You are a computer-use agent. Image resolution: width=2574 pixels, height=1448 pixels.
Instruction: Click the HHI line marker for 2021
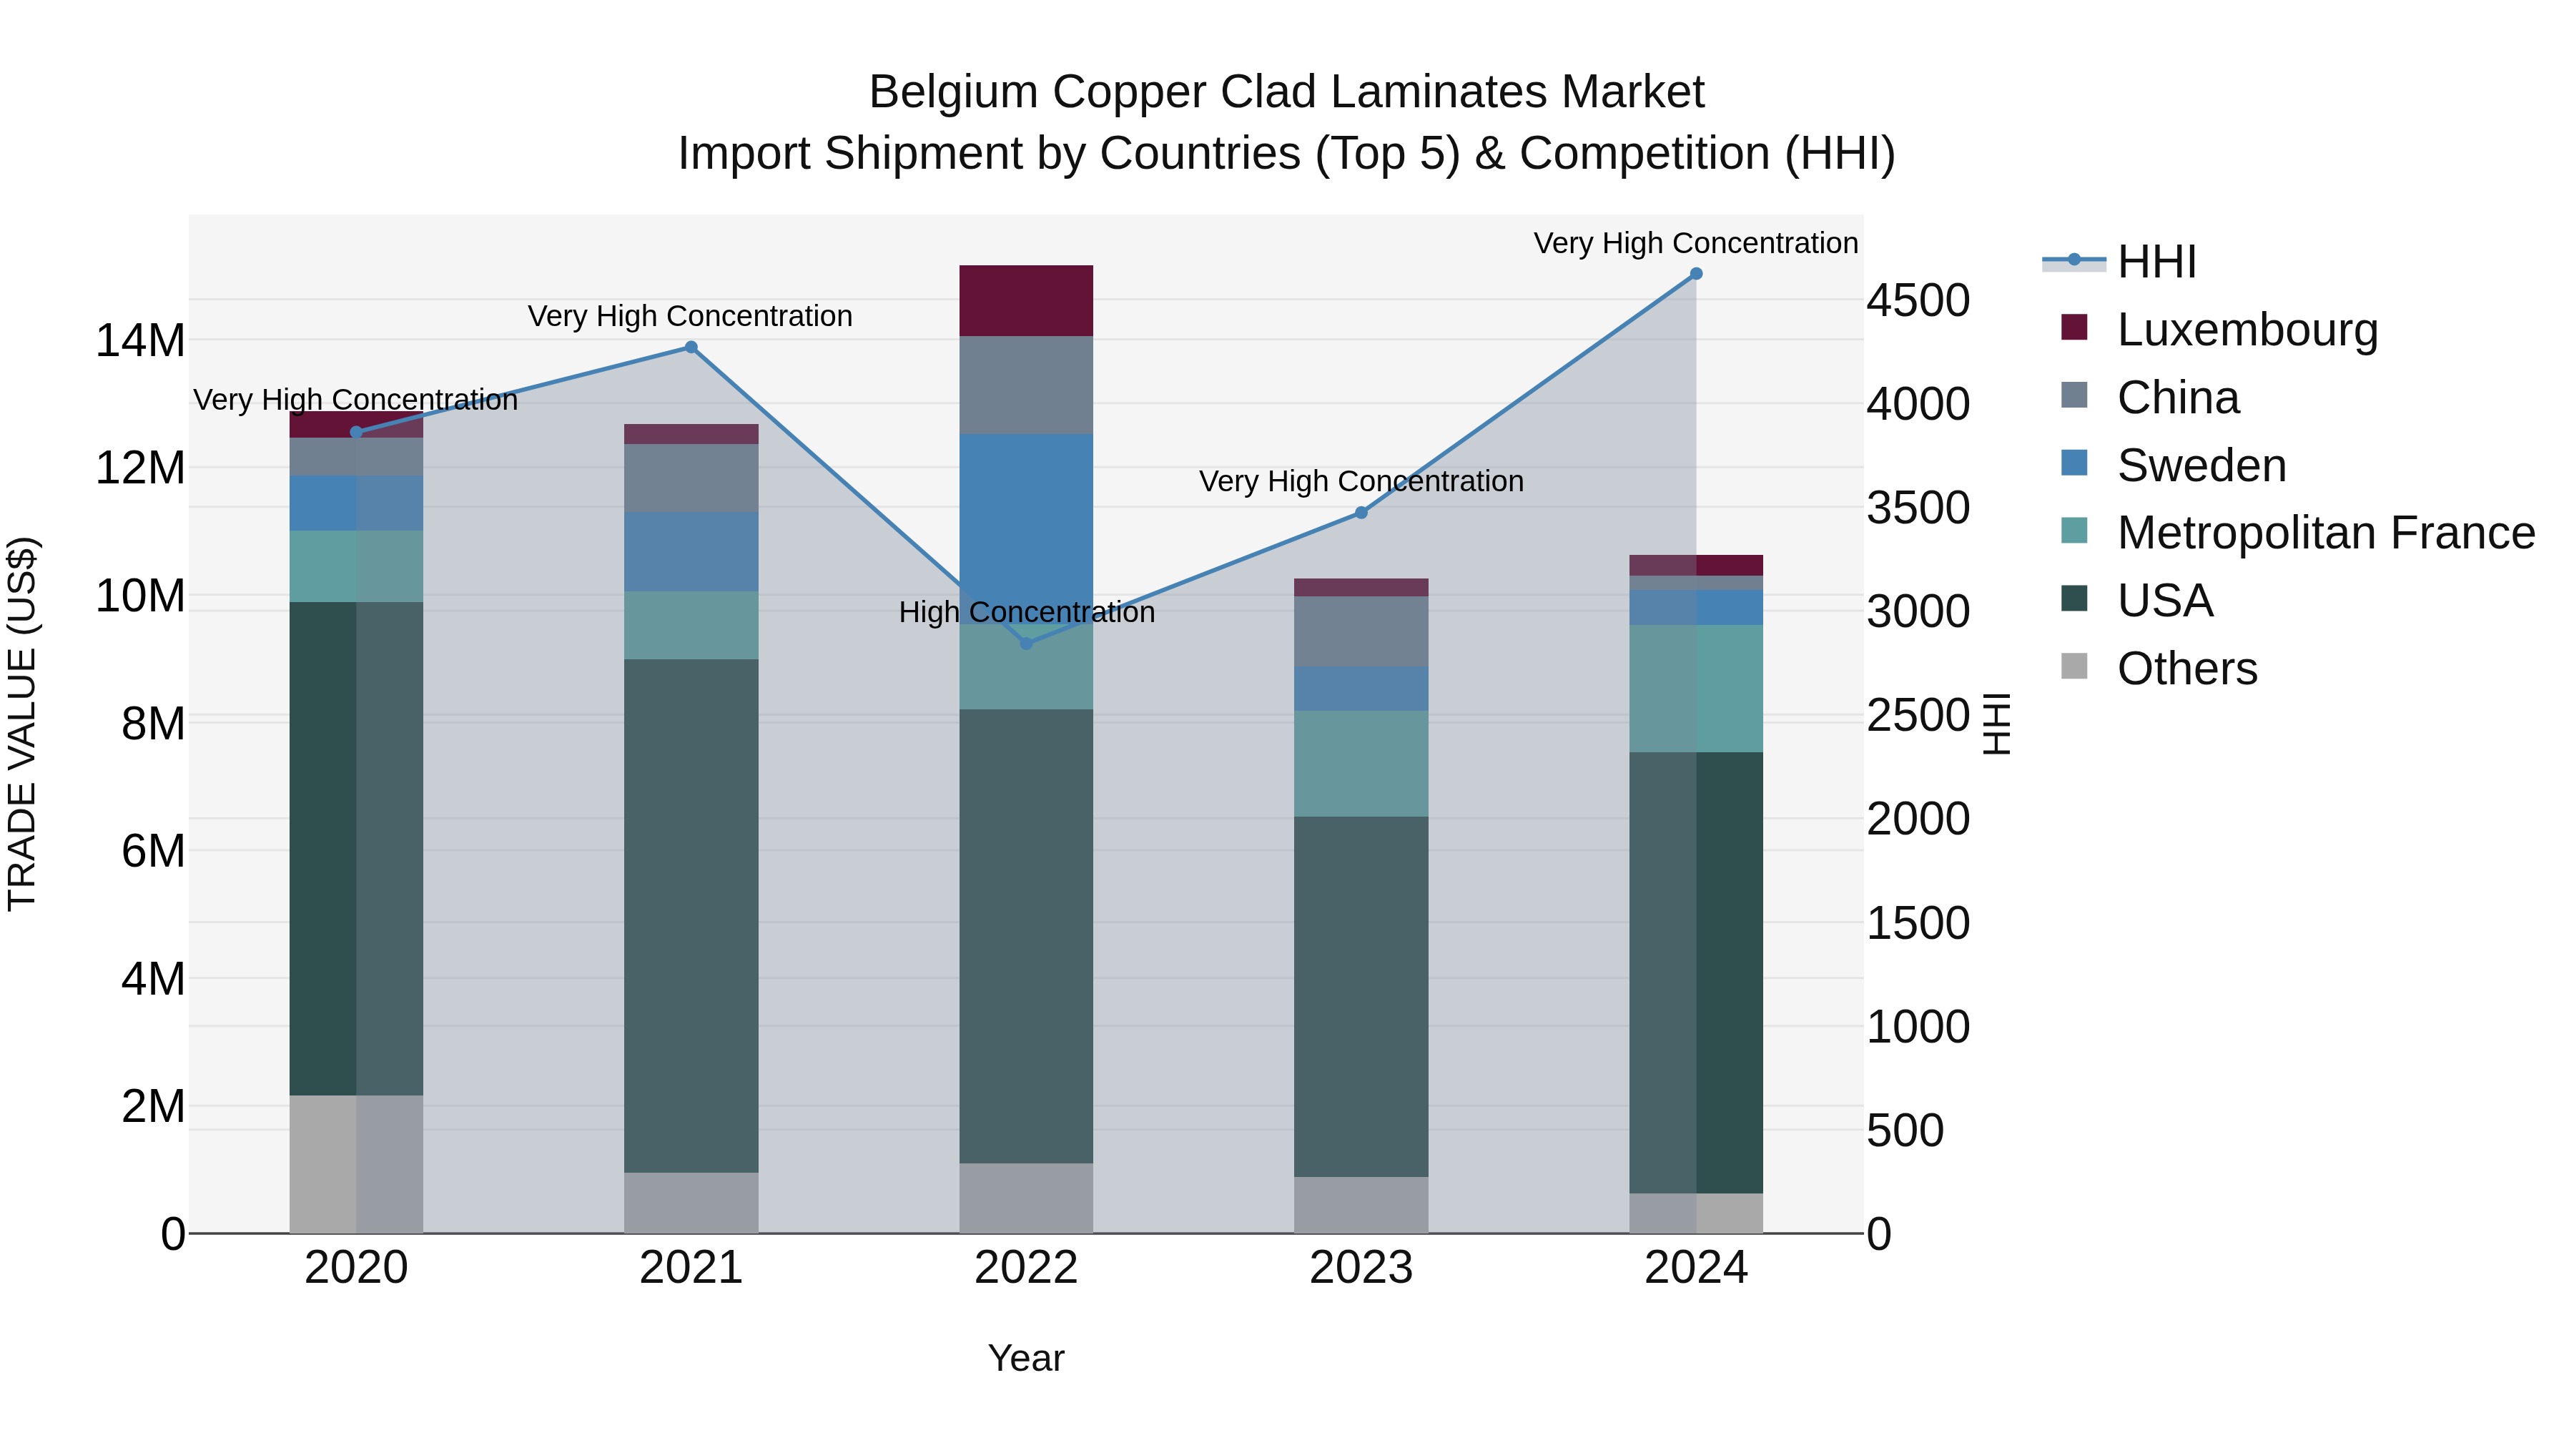[x=691, y=348]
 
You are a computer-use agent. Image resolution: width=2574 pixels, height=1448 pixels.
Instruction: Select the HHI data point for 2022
[x=1026, y=644]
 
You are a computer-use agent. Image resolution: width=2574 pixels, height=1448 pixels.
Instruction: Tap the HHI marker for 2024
[x=1696, y=274]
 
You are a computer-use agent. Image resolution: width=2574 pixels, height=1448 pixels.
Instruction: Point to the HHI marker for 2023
[x=1361, y=513]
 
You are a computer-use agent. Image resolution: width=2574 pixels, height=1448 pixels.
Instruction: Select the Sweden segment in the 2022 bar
[x=1026, y=510]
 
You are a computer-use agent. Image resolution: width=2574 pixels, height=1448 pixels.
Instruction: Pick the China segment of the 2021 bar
[x=691, y=478]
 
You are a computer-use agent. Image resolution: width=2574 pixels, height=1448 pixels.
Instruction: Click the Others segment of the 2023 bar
[x=1361, y=1204]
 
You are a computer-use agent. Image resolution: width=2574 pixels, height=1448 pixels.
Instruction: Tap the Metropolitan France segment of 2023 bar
[x=1361, y=764]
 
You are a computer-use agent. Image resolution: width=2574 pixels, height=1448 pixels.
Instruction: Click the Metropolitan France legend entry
[x=2325, y=533]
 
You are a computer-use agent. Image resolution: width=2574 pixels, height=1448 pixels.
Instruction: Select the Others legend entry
[x=2186, y=669]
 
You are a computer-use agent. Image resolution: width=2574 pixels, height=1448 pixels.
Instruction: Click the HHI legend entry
[x=2156, y=262]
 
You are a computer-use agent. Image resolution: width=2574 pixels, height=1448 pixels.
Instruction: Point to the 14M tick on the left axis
[x=140, y=341]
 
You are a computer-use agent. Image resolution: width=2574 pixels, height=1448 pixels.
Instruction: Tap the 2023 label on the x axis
[x=1361, y=1268]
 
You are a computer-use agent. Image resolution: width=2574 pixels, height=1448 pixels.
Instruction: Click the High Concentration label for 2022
[x=1026, y=611]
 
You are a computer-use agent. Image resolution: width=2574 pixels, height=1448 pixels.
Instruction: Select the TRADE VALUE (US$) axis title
[x=22, y=724]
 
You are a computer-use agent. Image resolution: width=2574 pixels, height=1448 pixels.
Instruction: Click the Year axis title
[x=1026, y=1358]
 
